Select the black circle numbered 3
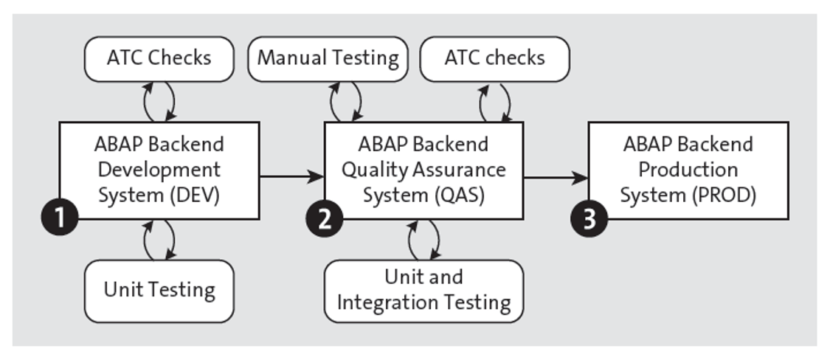pyautogui.click(x=589, y=220)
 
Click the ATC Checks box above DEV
pyautogui.click(x=159, y=58)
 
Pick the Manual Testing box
pyautogui.click(x=328, y=58)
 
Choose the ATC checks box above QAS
pyautogui.click(x=494, y=58)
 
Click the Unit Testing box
pyautogui.click(x=159, y=290)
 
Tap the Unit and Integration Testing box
pyautogui.click(x=423, y=290)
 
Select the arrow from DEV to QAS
pyautogui.click(x=291, y=176)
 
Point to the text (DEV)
pyautogui.click(x=193, y=196)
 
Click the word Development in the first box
pyautogui.click(x=159, y=170)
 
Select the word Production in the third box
pyautogui.click(x=688, y=170)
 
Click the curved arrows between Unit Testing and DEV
pyautogui.click(x=159, y=240)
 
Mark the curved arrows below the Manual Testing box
pyautogui.click(x=345, y=101)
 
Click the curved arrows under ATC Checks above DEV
pyautogui.click(x=159, y=101)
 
